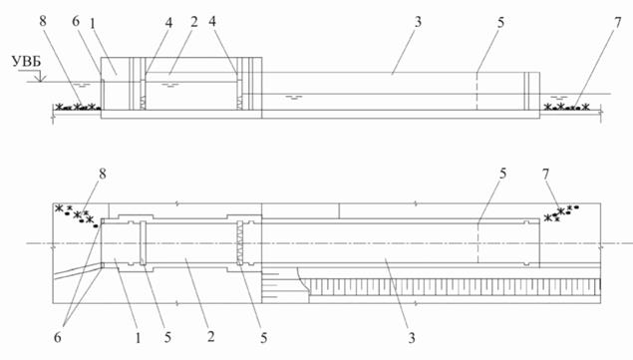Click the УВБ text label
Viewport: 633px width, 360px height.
pyautogui.click(x=27, y=62)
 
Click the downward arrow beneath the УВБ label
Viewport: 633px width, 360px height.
pyautogui.click(x=40, y=76)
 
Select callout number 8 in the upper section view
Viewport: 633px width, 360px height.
pyautogui.click(x=43, y=21)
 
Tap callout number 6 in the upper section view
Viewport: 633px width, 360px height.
pyautogui.click(x=76, y=21)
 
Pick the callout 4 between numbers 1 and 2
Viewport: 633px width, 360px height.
pyautogui.click(x=168, y=23)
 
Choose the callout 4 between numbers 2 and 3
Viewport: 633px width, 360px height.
pyautogui.click(x=212, y=21)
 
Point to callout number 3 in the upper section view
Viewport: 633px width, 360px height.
pyautogui.click(x=418, y=22)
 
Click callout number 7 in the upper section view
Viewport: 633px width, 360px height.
pyautogui.click(x=618, y=23)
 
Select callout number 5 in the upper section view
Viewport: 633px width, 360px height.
pyautogui.click(x=500, y=23)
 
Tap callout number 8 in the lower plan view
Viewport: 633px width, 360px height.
pyautogui.click(x=103, y=174)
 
